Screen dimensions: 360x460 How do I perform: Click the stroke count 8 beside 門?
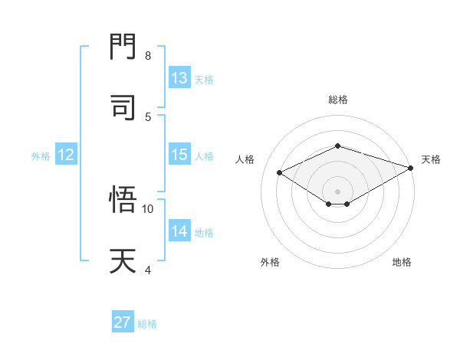(x=148, y=56)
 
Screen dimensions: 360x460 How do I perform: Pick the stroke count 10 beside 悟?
(x=148, y=208)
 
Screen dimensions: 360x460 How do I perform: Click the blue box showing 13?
(x=179, y=78)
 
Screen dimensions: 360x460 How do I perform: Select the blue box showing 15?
(x=179, y=155)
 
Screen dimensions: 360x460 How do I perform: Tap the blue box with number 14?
(x=179, y=231)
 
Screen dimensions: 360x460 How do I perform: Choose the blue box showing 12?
(x=66, y=155)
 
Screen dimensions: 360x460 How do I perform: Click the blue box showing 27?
(x=123, y=322)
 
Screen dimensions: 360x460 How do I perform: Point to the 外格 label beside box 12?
(x=41, y=155)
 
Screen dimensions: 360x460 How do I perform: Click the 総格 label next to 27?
(x=147, y=324)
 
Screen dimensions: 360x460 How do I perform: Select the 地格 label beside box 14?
(x=205, y=232)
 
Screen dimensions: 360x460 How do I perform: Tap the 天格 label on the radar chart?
(x=431, y=159)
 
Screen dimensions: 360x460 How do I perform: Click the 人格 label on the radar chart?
(x=245, y=159)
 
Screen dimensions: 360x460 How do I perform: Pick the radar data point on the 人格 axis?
(x=280, y=173)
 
